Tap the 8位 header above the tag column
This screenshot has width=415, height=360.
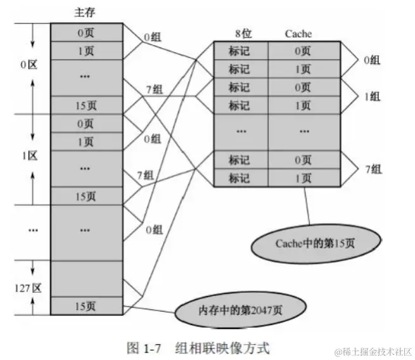coord(240,34)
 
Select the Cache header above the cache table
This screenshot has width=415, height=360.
coord(297,34)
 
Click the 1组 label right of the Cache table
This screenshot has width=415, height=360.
coord(371,96)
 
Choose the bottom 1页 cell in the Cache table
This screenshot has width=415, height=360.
coord(303,178)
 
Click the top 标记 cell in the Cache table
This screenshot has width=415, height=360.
coord(240,50)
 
